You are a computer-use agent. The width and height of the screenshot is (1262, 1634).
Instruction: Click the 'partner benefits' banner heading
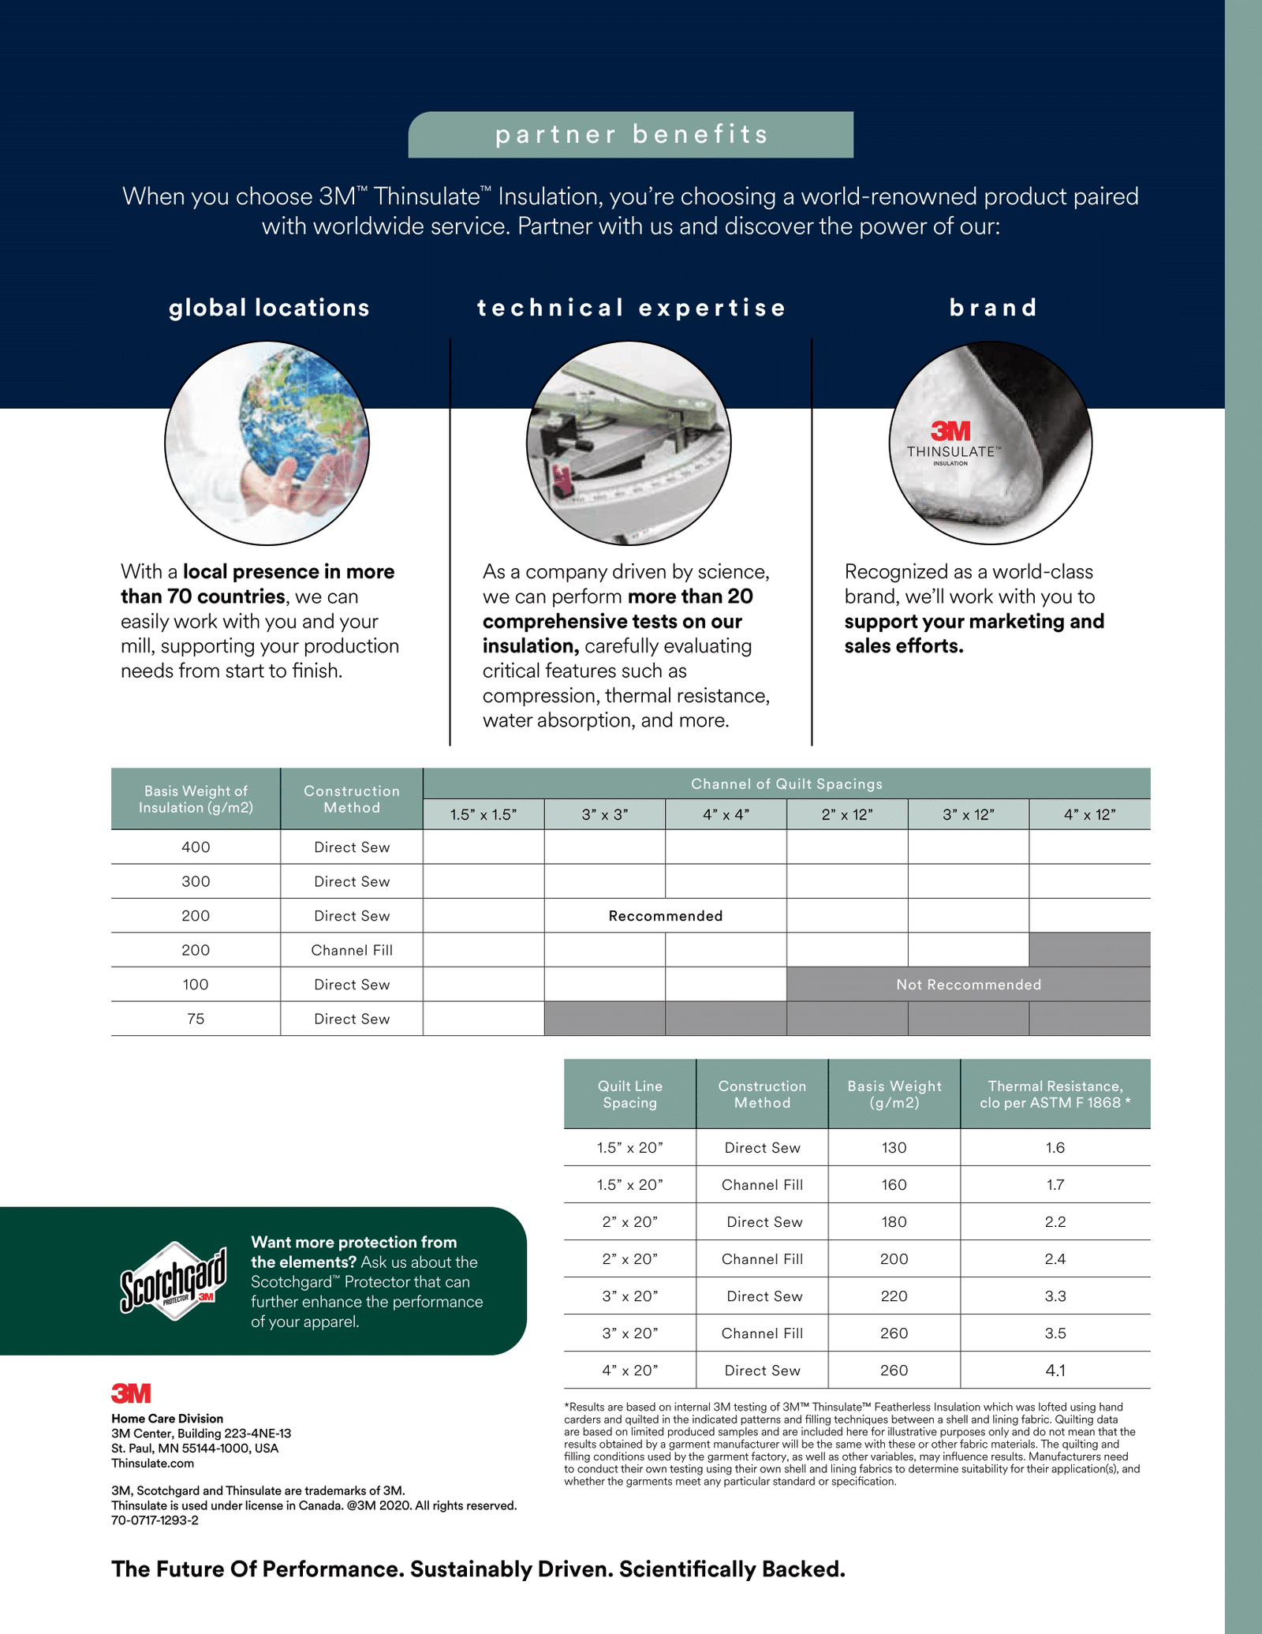coord(631,134)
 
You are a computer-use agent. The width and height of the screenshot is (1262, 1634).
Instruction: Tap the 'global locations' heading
coord(269,308)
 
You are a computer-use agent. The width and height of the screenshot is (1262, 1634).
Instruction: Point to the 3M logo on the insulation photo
coord(950,431)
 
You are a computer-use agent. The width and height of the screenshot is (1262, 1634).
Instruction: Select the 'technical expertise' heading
coord(631,308)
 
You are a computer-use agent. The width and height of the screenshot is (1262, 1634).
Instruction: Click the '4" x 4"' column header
coord(726,814)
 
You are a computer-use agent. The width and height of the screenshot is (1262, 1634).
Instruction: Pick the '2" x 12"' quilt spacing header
coord(847,814)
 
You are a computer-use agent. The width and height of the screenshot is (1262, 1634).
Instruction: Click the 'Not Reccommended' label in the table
coord(969,985)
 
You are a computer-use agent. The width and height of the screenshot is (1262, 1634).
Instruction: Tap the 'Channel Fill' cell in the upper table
coord(352,950)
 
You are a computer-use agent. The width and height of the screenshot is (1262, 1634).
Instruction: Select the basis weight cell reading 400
coord(196,847)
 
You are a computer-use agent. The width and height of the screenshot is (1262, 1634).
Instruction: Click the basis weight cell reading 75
coord(196,1019)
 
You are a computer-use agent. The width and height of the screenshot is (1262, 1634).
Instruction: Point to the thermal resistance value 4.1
coord(1055,1370)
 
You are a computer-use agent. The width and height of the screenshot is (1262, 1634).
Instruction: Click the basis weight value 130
coord(894,1148)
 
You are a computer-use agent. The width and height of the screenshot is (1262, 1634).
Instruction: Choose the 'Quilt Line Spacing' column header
coord(629,1094)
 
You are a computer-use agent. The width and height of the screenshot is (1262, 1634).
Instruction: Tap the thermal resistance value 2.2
coord(1055,1222)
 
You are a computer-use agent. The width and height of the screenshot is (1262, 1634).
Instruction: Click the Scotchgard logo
coord(174,1280)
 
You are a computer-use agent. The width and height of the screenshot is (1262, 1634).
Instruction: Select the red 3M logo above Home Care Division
coord(131,1393)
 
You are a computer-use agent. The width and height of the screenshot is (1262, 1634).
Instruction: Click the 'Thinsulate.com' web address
coord(152,1464)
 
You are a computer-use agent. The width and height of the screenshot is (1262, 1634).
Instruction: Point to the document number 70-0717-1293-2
coord(155,1520)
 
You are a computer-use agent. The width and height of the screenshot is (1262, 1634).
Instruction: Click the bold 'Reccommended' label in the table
coord(666,916)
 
